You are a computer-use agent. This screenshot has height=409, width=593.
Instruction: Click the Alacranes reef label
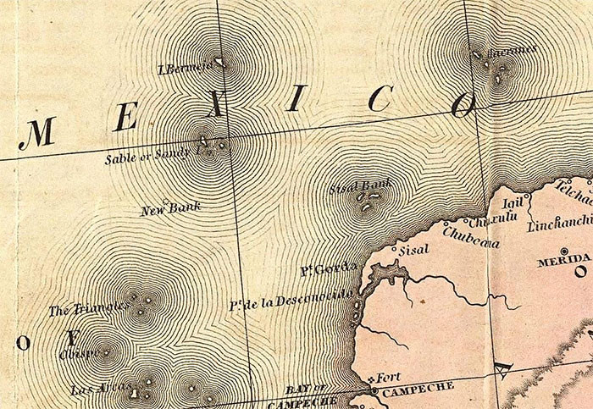coord(514,50)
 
